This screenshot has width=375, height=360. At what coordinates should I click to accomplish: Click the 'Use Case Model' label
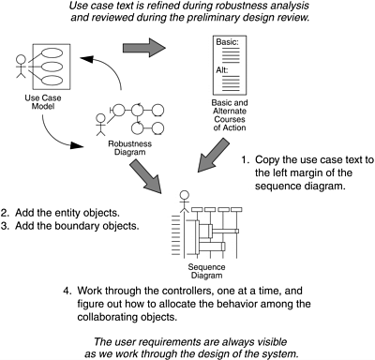tap(43, 102)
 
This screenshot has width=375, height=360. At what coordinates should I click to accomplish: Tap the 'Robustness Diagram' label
tap(129, 148)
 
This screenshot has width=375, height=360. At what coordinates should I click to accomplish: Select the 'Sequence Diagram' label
tap(206, 271)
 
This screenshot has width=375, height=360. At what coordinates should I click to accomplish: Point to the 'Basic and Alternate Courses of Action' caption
tap(230, 115)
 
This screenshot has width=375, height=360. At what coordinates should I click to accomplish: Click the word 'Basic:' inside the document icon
tap(227, 42)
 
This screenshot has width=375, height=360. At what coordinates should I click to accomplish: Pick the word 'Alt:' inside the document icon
tap(222, 70)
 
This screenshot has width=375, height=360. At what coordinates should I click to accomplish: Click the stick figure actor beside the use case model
tap(21, 67)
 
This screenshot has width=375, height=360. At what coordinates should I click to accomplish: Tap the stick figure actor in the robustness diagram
tap(101, 125)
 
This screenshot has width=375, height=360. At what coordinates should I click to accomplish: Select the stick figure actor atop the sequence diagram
tap(185, 202)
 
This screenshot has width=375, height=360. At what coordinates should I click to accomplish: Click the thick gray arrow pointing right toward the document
tap(143, 48)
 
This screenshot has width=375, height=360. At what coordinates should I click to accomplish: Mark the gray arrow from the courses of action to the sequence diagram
tap(213, 157)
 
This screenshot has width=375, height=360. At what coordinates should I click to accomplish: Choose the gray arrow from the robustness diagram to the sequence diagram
tap(145, 175)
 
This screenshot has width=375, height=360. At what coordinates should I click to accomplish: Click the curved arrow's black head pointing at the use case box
tap(86, 58)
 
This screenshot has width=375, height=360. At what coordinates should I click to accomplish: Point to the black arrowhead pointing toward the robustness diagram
tap(77, 145)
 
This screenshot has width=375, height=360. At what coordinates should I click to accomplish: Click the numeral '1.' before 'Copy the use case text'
tap(246, 159)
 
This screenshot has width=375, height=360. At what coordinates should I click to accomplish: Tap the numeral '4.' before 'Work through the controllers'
tap(67, 291)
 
